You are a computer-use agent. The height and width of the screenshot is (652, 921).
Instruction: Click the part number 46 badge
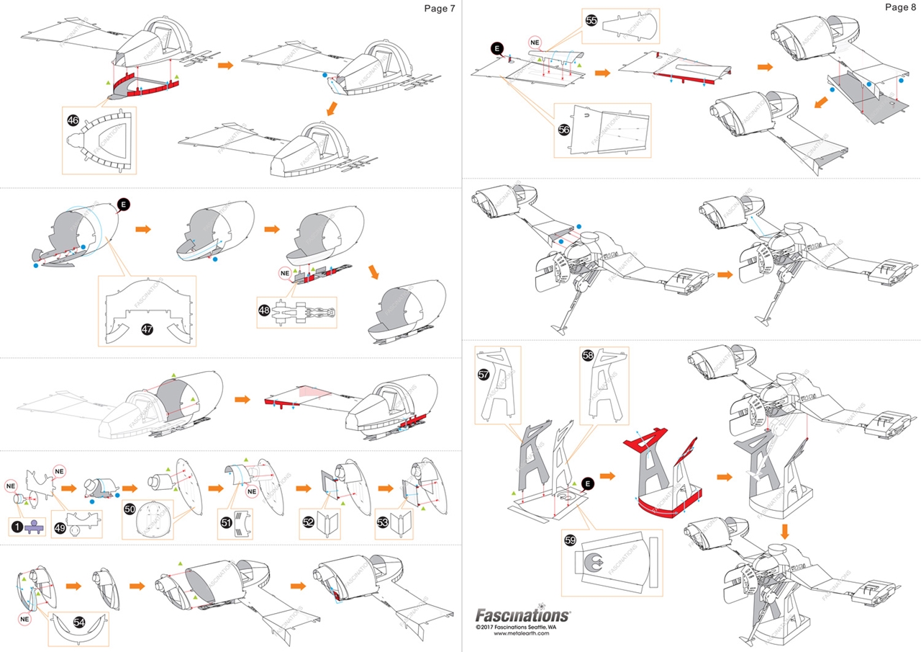(x=73, y=120)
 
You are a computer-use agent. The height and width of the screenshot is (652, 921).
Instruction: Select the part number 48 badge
(x=265, y=311)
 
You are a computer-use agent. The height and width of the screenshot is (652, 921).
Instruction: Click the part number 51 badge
(x=224, y=522)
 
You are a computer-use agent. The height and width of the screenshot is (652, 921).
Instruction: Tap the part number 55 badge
(x=591, y=21)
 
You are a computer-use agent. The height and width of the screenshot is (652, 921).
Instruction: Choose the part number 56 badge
(x=563, y=130)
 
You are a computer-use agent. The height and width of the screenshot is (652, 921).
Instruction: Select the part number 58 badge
(x=588, y=356)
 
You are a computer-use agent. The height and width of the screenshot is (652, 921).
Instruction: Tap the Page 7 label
(x=439, y=8)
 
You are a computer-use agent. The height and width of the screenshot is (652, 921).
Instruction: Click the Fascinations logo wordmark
(x=522, y=615)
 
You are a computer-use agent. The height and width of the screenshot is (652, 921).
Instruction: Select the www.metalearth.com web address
(x=522, y=634)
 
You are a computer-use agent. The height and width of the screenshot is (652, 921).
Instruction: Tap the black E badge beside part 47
(x=124, y=205)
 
